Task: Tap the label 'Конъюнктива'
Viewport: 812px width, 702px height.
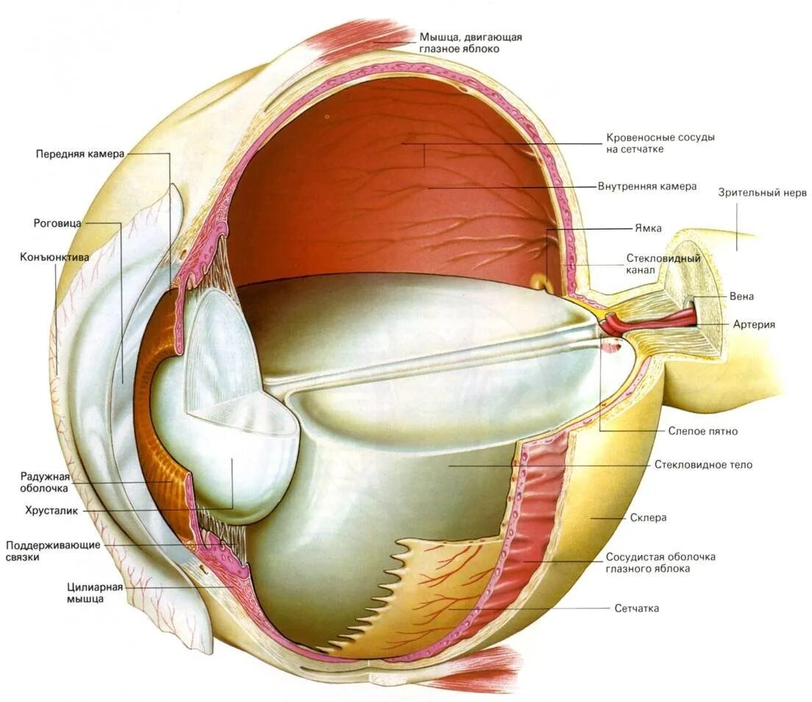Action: tap(55, 258)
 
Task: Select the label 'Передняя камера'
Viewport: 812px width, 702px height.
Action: tap(79, 154)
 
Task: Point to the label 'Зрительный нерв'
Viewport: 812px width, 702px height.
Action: tap(763, 193)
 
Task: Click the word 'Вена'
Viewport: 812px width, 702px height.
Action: tap(741, 297)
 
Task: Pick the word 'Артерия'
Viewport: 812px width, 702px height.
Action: tap(754, 324)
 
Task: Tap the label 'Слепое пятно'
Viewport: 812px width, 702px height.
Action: tap(702, 431)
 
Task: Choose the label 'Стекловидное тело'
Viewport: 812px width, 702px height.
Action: tap(703, 465)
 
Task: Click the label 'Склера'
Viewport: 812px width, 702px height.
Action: tap(648, 517)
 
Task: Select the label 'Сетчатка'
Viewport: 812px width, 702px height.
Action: tap(636, 609)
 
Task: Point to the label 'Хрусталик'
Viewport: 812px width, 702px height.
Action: tap(51, 509)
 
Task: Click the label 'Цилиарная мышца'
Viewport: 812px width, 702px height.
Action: tap(95, 592)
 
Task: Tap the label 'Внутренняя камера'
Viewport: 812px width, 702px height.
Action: tap(647, 187)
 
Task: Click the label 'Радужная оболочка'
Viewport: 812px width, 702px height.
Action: tap(44, 482)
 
